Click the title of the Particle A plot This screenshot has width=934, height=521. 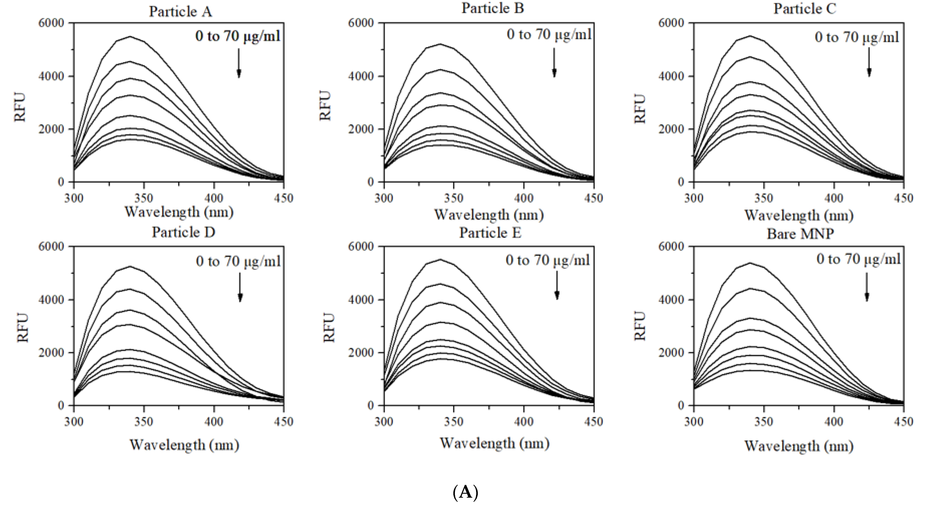pos(180,12)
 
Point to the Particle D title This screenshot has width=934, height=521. pos(183,232)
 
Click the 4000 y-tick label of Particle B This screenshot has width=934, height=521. pos(361,76)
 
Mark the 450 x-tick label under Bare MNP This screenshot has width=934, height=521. pos(903,422)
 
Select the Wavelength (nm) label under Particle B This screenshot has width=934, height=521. pos(489,215)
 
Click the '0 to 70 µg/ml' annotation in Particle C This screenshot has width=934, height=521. pos(857,37)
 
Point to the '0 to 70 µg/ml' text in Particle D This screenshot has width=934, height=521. pos(238,261)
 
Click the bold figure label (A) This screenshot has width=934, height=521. pos(465,493)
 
